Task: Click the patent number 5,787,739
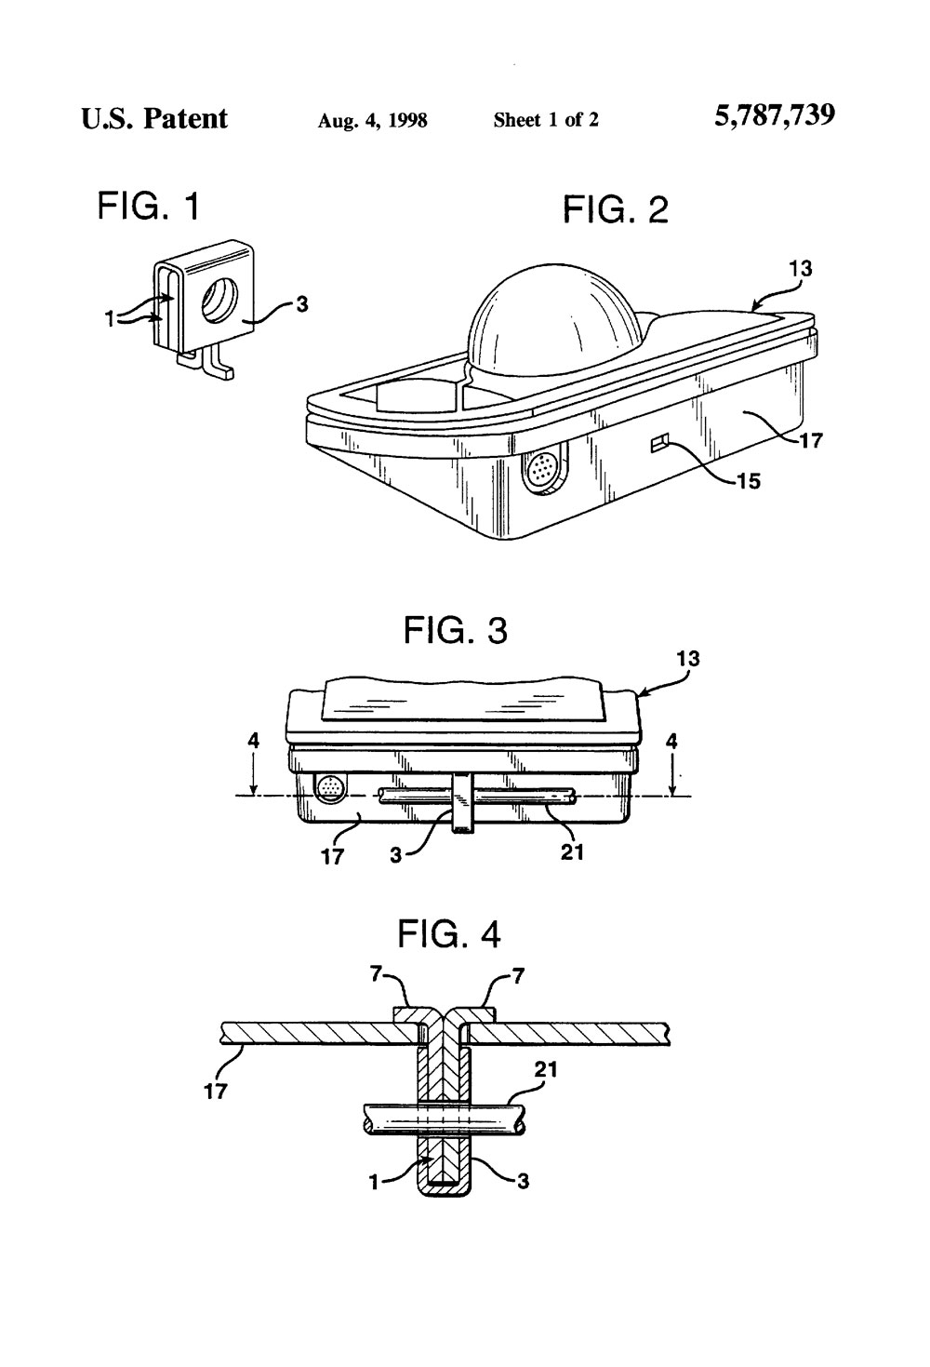(x=775, y=115)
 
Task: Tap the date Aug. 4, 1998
(x=372, y=120)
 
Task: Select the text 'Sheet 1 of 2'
(x=546, y=120)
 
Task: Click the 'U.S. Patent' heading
(x=154, y=118)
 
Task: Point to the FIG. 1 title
(x=148, y=207)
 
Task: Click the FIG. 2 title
(x=616, y=209)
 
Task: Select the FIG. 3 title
(x=456, y=630)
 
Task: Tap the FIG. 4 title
(x=449, y=933)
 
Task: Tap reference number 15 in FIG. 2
(x=749, y=481)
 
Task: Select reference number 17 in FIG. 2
(x=810, y=440)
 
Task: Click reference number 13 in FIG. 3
(x=688, y=659)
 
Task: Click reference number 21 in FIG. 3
(x=572, y=851)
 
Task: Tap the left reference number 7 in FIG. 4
(x=377, y=974)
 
